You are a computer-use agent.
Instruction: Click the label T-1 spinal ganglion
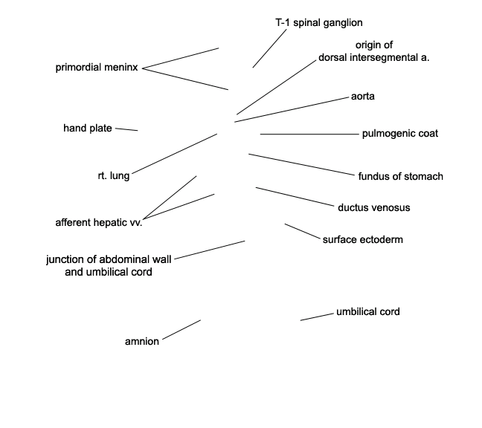pyautogui.click(x=319, y=23)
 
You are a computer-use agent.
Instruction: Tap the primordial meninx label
pyautogui.click(x=97, y=67)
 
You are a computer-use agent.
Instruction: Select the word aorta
pyautogui.click(x=363, y=97)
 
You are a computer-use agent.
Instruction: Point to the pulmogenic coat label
pyautogui.click(x=400, y=134)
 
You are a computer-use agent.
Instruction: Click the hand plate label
pyautogui.click(x=88, y=128)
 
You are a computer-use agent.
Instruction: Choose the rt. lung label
pyautogui.click(x=114, y=175)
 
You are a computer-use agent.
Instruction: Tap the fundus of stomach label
pyautogui.click(x=400, y=176)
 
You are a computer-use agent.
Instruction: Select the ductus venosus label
pyautogui.click(x=374, y=207)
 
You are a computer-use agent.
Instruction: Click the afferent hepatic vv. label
pyautogui.click(x=99, y=223)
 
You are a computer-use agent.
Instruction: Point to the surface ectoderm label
pyautogui.click(x=363, y=239)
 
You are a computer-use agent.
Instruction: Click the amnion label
pyautogui.click(x=142, y=341)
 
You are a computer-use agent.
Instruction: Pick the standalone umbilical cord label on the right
pyautogui.click(x=368, y=312)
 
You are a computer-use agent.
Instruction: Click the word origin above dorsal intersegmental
pyautogui.click(x=374, y=45)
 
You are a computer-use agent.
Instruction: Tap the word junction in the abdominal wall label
pyautogui.click(x=65, y=259)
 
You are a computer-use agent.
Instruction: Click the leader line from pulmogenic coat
pyautogui.click(x=309, y=134)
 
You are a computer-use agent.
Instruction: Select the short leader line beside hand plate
pyautogui.click(x=126, y=129)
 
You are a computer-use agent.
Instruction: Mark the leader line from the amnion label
pyautogui.click(x=181, y=330)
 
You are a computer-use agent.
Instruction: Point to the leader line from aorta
pyautogui.click(x=292, y=110)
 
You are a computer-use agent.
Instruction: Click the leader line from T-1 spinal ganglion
pyautogui.click(x=269, y=48)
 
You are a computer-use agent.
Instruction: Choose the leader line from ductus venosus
pyautogui.click(x=295, y=196)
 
